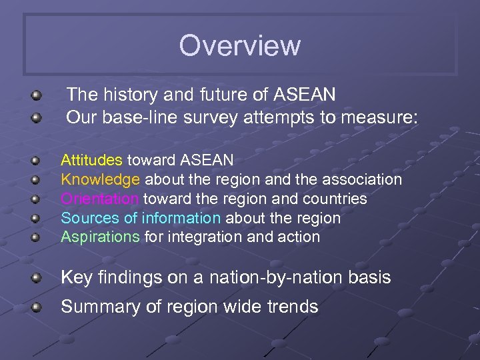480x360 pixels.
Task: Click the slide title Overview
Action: pos(239,46)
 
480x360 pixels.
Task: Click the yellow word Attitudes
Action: pos(91,160)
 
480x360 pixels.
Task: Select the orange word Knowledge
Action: pos(101,179)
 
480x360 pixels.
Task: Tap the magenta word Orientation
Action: pos(100,199)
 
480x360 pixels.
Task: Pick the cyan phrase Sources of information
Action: pos(141,218)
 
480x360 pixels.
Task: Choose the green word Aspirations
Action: pos(101,237)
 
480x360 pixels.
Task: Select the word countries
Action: pos(336,199)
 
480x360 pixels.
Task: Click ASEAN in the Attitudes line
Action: pos(207,160)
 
